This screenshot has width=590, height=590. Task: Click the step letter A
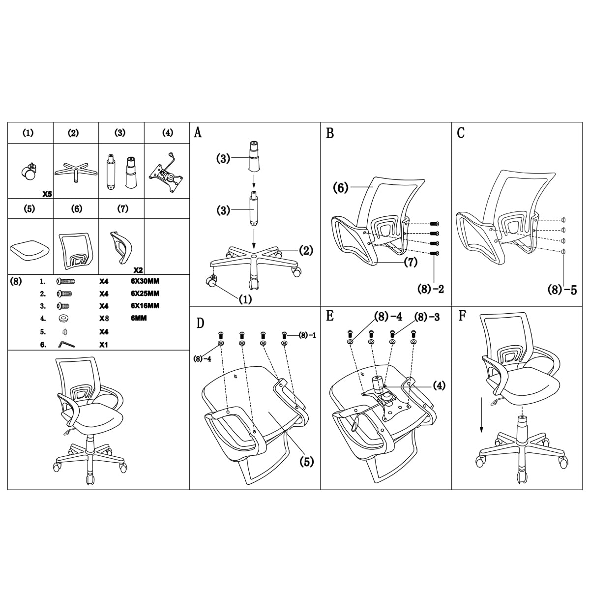198,133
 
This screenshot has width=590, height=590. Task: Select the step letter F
462,316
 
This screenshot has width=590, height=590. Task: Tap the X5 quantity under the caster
47,194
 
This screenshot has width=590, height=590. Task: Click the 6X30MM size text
145,281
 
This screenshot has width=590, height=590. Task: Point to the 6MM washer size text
139,318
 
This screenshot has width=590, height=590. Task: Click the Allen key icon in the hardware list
66,345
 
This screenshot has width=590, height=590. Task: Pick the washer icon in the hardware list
63,319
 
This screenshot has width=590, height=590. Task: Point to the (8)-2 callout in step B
431,289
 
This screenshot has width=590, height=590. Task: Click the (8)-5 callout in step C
562,290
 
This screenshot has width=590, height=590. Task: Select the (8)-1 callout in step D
307,335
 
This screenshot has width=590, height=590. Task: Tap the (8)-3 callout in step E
427,317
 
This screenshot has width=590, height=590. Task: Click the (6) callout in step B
341,187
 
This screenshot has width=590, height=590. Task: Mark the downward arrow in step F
481,415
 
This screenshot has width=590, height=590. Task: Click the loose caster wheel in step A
210,282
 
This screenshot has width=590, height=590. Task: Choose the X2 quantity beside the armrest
138,270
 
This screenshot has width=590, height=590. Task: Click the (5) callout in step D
307,462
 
